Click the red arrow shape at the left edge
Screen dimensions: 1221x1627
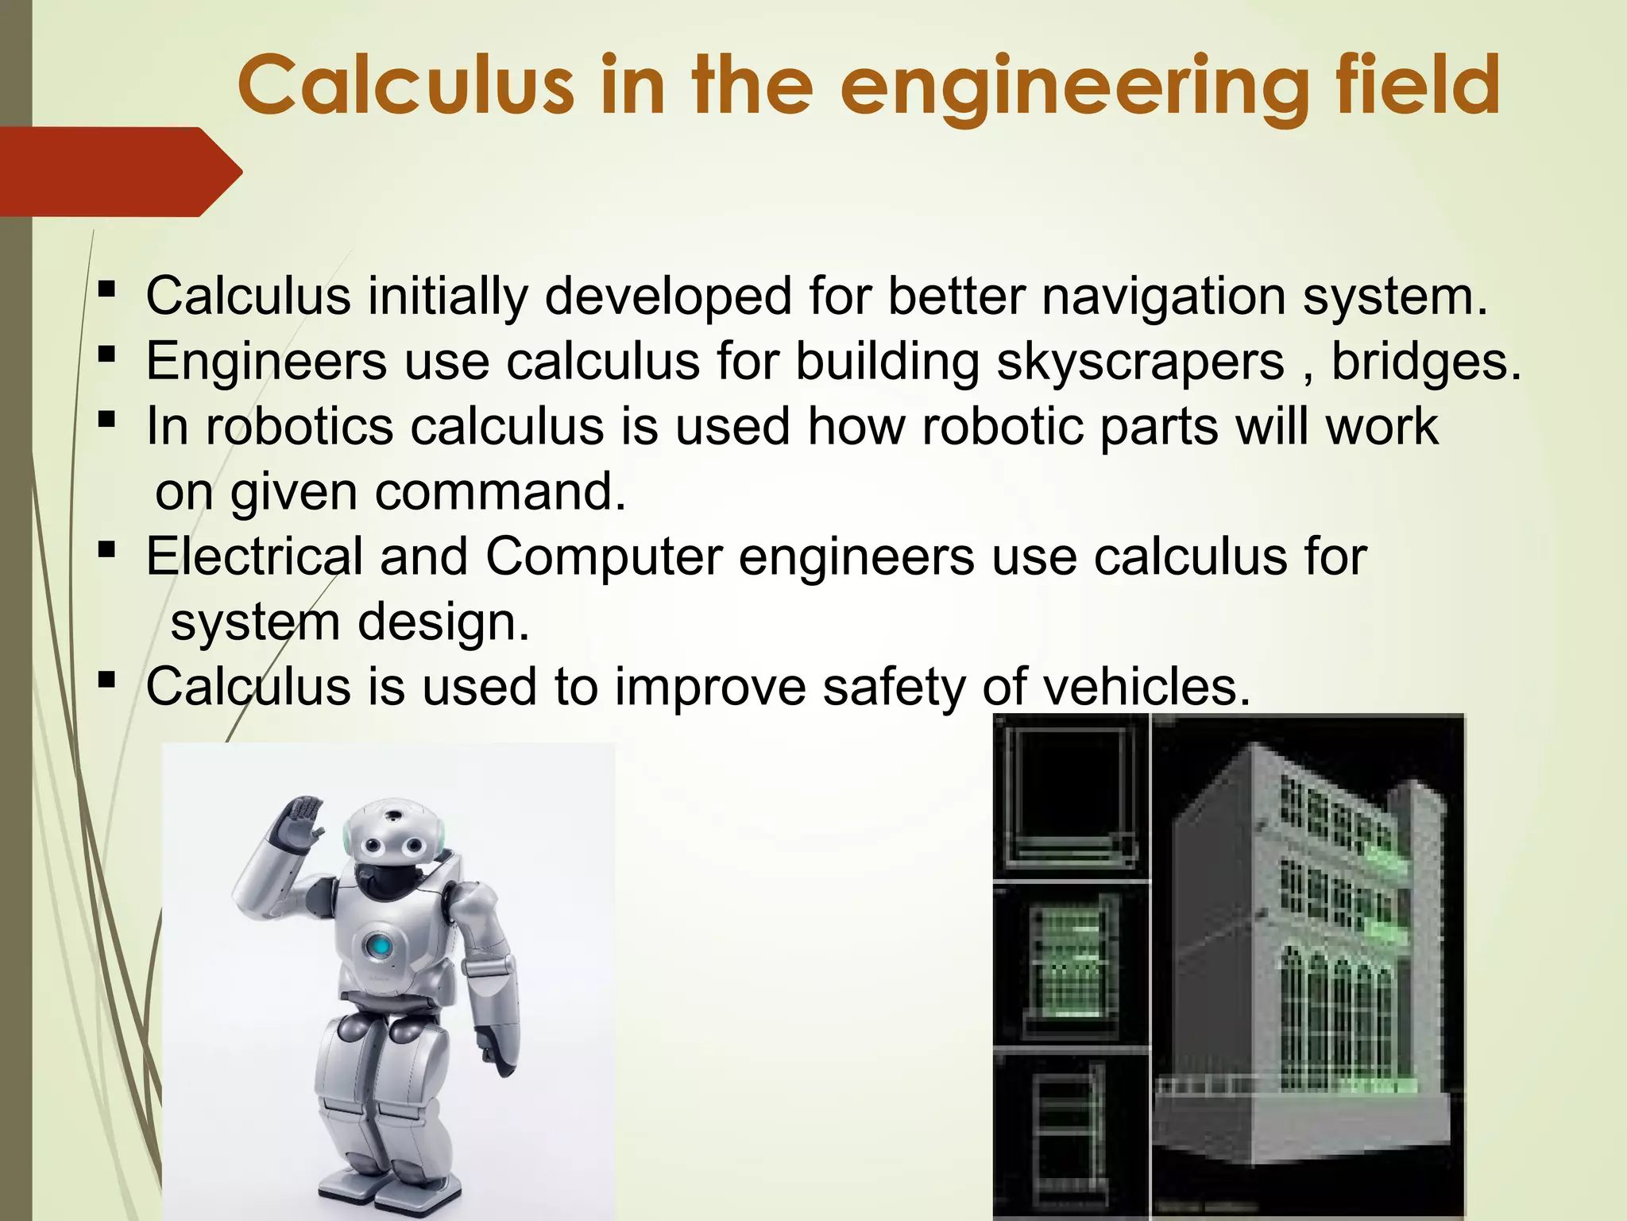tap(119, 171)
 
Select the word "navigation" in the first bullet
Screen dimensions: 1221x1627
tap(1163, 297)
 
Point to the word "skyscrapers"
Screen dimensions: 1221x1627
tap(1140, 362)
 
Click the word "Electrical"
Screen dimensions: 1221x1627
tap(254, 556)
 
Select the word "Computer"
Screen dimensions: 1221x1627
tap(604, 556)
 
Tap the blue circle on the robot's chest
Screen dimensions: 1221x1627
tap(380, 947)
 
